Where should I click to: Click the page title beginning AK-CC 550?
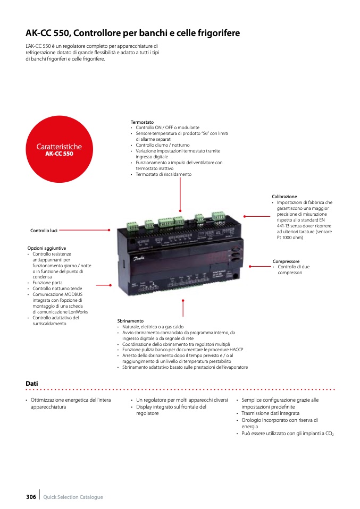(x=132, y=33)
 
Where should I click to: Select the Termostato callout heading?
(x=142, y=122)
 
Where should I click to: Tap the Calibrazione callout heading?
(x=284, y=197)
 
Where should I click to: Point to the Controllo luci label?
(x=44, y=231)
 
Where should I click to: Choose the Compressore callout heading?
(x=286, y=261)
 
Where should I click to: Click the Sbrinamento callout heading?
(x=130, y=321)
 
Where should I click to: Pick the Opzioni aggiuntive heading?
(x=47, y=248)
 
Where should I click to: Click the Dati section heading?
(x=32, y=383)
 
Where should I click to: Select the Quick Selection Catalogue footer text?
(x=73, y=497)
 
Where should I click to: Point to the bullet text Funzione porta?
(x=47, y=283)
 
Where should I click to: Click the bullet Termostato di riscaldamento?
(x=163, y=174)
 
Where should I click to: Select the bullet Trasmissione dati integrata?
(x=270, y=413)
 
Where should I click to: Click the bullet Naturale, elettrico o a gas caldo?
(x=153, y=327)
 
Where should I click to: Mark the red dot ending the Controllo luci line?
(x=109, y=230)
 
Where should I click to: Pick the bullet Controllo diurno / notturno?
(x=162, y=145)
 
